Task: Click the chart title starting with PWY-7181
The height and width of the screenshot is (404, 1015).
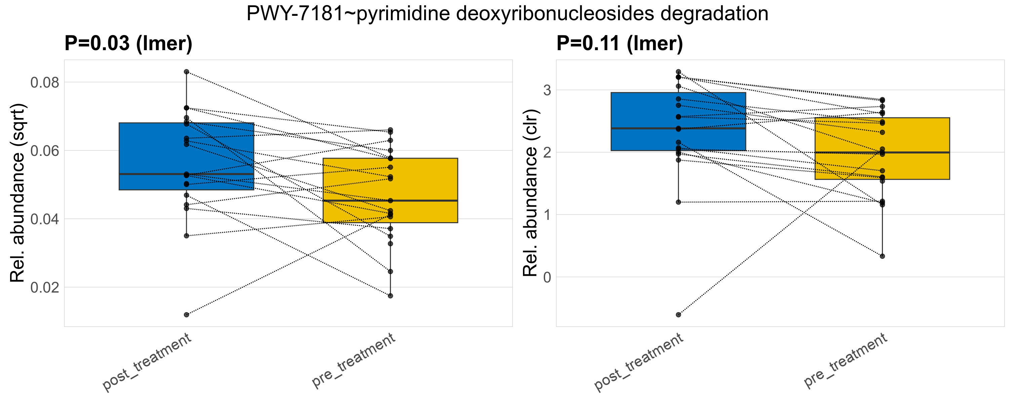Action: coord(507,14)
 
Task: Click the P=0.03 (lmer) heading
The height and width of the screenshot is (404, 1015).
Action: coord(128,43)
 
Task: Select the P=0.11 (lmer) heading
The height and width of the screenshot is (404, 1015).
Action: coord(619,43)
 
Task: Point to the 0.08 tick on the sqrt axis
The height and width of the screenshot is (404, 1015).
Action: coord(44,82)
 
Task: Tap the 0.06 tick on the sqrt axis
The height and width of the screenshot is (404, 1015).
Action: coord(44,151)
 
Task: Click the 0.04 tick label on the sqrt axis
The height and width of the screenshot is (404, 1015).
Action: coord(44,219)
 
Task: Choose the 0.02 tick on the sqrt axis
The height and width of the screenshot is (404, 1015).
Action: coord(44,287)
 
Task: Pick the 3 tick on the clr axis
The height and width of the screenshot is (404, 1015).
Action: coord(547,90)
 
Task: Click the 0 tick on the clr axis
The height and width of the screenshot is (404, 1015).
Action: coord(547,277)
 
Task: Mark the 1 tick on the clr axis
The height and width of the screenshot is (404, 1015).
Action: coord(547,215)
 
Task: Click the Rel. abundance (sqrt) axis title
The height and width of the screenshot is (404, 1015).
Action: coord(17,193)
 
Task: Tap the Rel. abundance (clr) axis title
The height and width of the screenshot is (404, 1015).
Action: coord(530,193)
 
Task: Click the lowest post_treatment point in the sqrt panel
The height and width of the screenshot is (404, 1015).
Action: coord(187,315)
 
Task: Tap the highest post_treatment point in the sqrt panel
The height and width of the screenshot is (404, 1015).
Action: coord(187,72)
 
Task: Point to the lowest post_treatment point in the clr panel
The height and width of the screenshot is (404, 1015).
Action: coord(679,315)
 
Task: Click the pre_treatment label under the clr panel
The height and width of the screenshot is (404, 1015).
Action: coord(845,361)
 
